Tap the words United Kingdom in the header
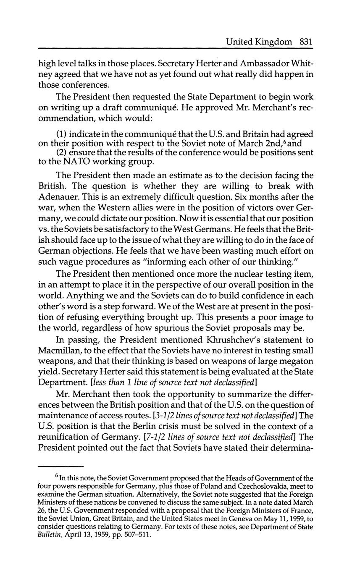point(258,42)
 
